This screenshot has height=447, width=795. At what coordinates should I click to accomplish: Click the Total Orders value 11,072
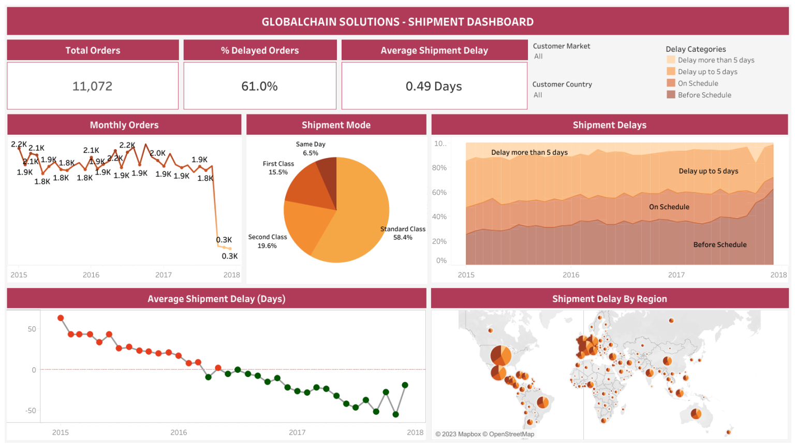[92, 86]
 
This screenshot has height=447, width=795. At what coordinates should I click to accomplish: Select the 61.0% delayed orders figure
[259, 86]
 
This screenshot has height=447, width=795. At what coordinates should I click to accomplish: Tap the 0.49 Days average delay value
[434, 86]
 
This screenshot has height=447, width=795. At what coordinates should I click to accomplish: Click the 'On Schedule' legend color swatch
[671, 83]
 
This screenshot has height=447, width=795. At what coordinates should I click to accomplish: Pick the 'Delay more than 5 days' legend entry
[716, 60]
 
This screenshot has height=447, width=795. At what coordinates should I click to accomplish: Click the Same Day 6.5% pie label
[311, 149]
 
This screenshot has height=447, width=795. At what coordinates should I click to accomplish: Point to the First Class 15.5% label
[278, 168]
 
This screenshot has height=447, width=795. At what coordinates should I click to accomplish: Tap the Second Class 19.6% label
[267, 241]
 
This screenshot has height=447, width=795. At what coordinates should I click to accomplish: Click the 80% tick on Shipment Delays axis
[439, 168]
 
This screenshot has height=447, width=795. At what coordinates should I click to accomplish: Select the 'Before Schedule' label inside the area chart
[719, 244]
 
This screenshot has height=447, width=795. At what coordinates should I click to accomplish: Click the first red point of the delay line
[61, 318]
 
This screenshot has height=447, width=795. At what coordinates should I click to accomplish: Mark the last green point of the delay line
[405, 385]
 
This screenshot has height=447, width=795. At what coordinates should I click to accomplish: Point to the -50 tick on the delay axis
[31, 411]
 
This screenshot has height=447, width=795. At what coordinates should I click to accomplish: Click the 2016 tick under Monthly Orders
[91, 275]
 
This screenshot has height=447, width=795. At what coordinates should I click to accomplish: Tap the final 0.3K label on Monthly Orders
[230, 256]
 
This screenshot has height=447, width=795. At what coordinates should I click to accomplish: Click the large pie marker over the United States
[500, 355]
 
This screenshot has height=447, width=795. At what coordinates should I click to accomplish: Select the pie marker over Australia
[696, 413]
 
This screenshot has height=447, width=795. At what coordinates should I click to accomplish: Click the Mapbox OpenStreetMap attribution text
[484, 434]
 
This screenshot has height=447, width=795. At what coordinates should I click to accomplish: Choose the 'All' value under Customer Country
[538, 95]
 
